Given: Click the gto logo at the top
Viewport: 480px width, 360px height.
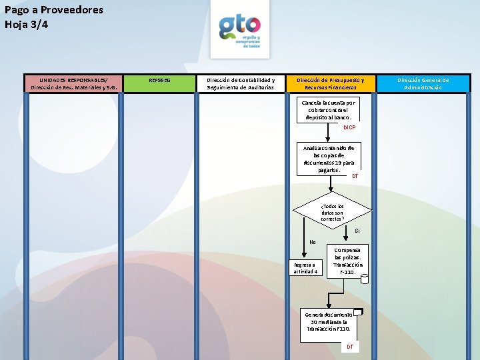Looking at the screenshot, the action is [x=240, y=30].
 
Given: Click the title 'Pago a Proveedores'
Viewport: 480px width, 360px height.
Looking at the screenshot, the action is [x=54, y=10].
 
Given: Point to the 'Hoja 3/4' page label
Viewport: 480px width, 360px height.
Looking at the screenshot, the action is [x=27, y=25].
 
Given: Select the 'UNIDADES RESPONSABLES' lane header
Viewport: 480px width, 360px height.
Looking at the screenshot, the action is [x=73, y=83].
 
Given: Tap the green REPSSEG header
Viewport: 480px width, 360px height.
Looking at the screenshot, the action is [x=159, y=81].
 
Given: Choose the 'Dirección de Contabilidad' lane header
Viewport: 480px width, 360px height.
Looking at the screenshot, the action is [x=240, y=83].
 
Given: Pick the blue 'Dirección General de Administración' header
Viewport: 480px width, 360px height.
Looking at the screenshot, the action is [x=423, y=83].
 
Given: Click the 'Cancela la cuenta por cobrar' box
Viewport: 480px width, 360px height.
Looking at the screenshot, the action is [x=329, y=110].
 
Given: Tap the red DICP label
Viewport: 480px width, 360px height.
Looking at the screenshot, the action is [x=349, y=127].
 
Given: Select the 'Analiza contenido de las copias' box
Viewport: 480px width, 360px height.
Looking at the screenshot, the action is [x=328, y=159].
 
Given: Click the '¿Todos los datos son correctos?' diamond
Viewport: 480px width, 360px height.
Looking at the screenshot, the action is [x=332, y=213].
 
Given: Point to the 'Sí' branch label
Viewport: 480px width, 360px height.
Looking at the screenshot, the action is [x=357, y=231].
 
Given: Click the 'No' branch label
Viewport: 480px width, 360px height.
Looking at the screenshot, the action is [x=312, y=242].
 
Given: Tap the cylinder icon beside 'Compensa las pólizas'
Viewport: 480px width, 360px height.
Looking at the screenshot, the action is [x=364, y=279].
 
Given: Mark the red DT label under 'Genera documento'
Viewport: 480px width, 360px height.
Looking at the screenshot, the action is [x=350, y=347].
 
